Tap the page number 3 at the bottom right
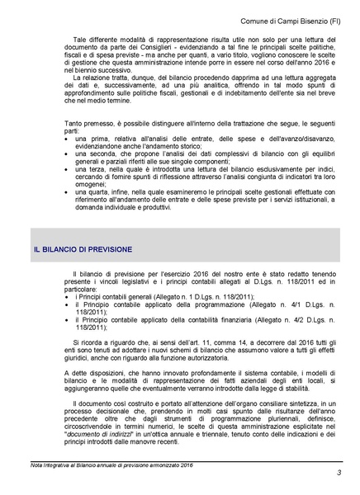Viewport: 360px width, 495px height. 339,472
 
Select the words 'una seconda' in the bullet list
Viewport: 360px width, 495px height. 94,155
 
